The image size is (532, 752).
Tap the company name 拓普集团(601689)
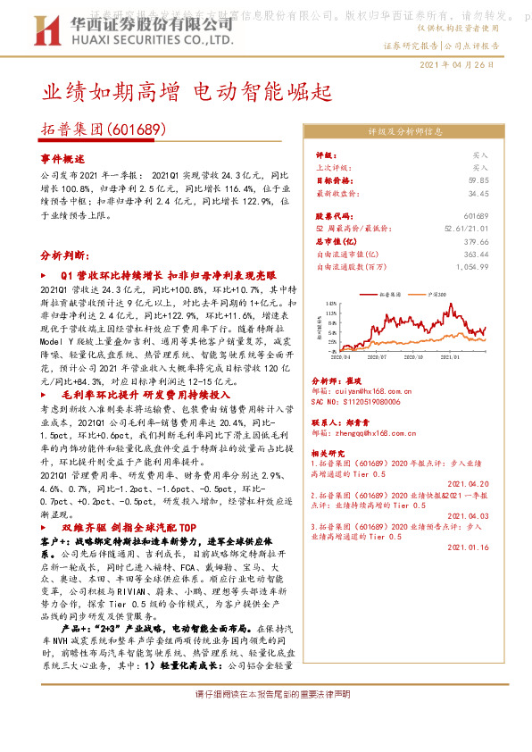pos(104,130)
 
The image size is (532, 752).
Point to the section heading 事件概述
pos(61,157)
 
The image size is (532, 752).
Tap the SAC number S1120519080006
pos(361,402)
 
